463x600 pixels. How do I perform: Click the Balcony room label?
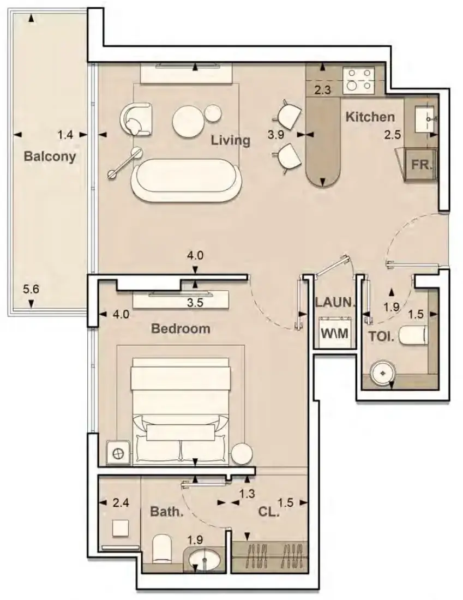pos(50,157)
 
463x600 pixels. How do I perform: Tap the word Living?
pos(231,140)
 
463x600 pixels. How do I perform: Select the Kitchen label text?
pos(370,117)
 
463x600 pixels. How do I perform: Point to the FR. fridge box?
pos(421,165)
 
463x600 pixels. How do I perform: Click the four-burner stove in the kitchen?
pos(358,80)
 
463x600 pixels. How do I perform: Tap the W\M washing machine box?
pos(334,333)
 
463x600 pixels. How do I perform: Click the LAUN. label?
pos(335,302)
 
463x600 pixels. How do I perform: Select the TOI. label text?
pos(381,337)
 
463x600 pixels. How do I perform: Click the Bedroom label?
pos(181,328)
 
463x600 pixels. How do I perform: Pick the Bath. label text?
pos(167,511)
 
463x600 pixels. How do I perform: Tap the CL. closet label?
pos(269,512)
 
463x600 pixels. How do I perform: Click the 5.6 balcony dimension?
pos(31,289)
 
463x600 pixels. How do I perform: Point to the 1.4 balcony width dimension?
pos(65,135)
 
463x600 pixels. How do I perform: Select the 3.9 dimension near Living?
pos(275,135)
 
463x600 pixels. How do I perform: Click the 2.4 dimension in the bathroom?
pos(121,502)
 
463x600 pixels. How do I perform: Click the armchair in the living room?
pos(136,119)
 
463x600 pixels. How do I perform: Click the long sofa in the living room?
pos(187,180)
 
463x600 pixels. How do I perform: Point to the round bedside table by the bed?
pos(242,453)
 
